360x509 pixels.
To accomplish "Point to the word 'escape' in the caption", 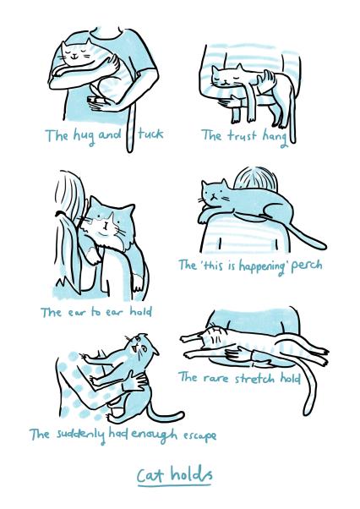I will point(197,435).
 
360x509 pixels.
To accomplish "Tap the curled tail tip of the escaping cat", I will point(179,414).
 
